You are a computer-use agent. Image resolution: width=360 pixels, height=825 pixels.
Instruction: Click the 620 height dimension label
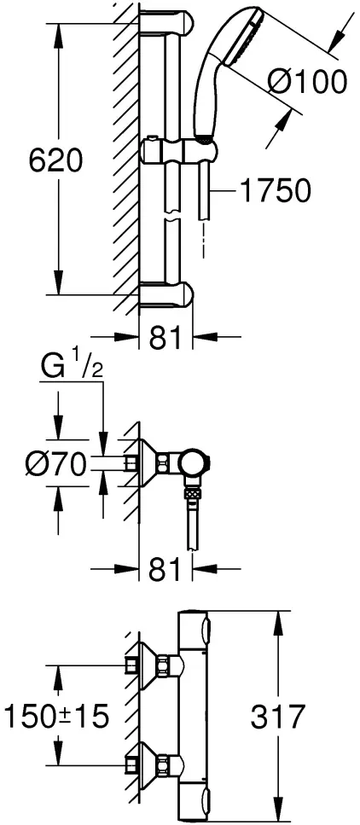55,160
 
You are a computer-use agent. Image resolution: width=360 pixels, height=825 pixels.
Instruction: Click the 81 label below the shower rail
165,337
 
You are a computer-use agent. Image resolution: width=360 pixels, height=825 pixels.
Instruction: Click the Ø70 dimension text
55,464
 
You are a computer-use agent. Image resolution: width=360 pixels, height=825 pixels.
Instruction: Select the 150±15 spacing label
56,716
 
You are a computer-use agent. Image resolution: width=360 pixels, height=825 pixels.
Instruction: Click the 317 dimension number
277,716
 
